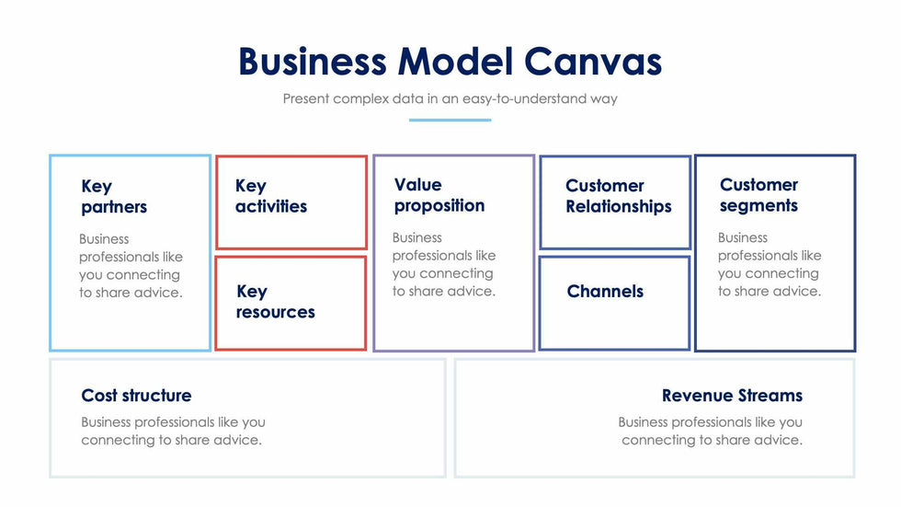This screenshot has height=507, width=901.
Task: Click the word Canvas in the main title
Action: (x=593, y=62)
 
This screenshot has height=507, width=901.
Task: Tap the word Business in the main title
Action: (x=313, y=62)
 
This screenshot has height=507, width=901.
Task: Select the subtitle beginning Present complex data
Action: (x=450, y=98)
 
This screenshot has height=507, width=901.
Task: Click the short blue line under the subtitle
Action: (x=450, y=120)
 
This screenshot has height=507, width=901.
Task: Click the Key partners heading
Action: (x=114, y=197)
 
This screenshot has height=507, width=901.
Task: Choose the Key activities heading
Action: (x=271, y=196)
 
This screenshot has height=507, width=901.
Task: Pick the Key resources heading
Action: (x=275, y=302)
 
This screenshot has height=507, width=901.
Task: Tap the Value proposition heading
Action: (x=439, y=195)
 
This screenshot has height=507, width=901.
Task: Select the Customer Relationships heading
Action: (x=618, y=196)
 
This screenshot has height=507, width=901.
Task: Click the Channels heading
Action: (x=605, y=292)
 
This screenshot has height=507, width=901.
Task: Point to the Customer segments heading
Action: (x=758, y=195)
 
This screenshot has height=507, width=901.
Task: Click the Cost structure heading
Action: (x=136, y=396)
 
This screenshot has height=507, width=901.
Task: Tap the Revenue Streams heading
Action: (x=732, y=396)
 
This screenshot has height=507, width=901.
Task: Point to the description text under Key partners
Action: (x=130, y=266)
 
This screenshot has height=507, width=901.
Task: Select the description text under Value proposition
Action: (x=443, y=264)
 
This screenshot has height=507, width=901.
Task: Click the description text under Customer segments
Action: (x=770, y=264)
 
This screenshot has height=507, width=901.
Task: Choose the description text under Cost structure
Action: (x=173, y=431)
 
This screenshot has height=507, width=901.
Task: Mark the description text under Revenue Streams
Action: (x=711, y=431)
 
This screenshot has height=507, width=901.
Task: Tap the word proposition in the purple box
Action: (x=439, y=205)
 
